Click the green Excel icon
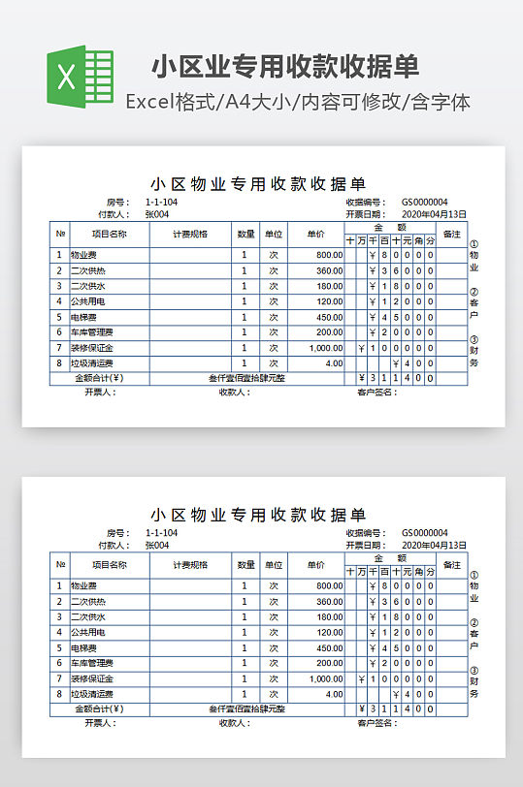(81, 78)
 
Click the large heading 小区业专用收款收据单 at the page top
(284, 66)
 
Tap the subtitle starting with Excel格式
(298, 101)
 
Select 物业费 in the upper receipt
(83, 255)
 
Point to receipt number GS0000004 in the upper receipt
(424, 202)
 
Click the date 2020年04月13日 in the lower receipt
(434, 545)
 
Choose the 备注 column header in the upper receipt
(451, 234)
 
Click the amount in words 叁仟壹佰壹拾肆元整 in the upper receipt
(246, 378)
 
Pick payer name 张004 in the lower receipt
(157, 545)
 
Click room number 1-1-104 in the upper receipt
(161, 202)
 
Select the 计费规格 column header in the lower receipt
(190, 564)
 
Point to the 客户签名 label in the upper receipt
(376, 393)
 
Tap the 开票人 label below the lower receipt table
(100, 723)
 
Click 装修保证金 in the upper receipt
(91, 348)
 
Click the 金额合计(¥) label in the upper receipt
(100, 378)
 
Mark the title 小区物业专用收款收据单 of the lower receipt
(258, 514)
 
